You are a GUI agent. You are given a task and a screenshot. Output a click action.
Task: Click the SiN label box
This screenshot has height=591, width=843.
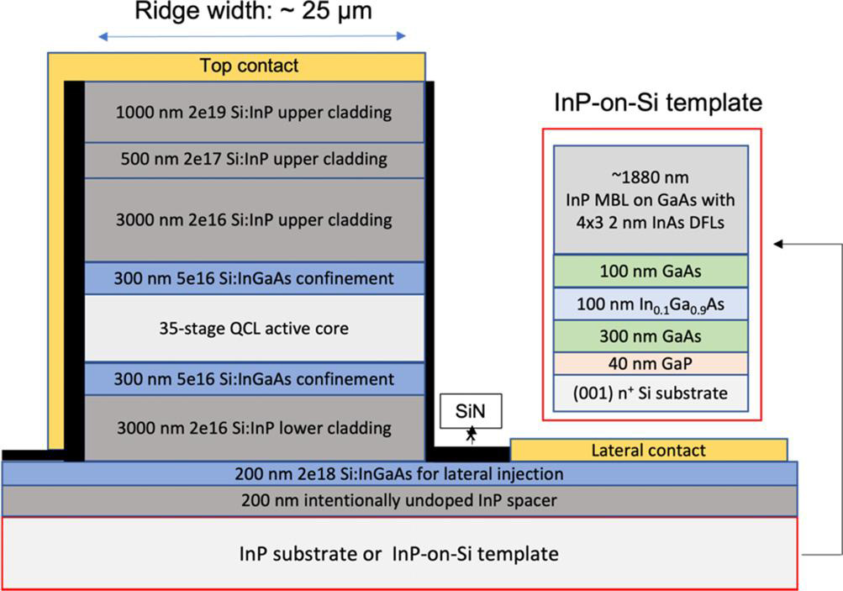pos(471,411)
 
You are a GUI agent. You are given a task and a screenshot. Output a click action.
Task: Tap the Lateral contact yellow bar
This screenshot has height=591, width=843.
pos(649,450)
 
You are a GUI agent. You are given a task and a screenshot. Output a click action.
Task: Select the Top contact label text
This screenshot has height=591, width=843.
pos(249,66)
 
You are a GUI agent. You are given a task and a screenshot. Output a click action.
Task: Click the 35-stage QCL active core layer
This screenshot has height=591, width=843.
pos(255,328)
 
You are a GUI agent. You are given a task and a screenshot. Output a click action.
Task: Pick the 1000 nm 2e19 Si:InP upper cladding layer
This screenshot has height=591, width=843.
pos(255,112)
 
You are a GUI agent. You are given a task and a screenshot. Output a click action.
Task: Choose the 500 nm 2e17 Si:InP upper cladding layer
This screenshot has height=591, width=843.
pos(255,160)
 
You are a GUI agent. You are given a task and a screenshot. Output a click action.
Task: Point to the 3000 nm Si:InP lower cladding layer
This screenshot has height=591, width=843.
pos(255,428)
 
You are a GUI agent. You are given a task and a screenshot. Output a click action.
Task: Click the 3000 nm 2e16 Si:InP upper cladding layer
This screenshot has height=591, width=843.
pos(255,220)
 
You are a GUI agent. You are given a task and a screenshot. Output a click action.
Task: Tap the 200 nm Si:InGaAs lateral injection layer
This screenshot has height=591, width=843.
pos(400,474)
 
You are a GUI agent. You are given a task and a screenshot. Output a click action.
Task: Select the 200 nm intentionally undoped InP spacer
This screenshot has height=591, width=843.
pos(400,501)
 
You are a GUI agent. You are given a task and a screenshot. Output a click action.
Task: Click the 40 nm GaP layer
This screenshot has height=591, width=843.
pos(651,363)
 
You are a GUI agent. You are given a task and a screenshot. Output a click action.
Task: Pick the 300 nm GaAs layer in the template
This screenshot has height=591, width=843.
pos(651,336)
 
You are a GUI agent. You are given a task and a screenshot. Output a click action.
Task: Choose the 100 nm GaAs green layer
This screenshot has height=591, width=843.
pos(651,271)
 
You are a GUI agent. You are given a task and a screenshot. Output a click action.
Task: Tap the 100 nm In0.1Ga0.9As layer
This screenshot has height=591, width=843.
pos(651,303)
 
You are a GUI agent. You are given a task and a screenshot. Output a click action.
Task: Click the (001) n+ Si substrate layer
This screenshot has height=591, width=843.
pos(651,393)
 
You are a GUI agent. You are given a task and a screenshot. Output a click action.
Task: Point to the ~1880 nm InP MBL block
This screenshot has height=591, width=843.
pos(651,199)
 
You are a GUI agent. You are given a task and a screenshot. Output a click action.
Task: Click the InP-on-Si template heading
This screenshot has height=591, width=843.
pos(658,103)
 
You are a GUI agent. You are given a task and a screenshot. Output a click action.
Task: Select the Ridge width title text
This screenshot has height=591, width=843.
pos(253,11)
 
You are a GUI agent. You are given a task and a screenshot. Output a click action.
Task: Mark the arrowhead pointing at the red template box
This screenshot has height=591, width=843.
pos(778,244)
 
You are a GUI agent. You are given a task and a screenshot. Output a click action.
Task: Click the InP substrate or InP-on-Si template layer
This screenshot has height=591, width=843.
pos(400,553)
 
